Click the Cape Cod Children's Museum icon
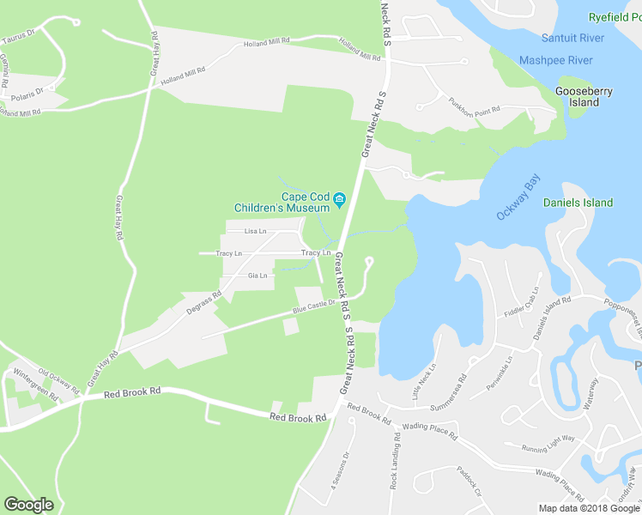pyautogui.click(x=339, y=201)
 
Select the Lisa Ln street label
pyautogui.click(x=255, y=231)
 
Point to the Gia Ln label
pyautogui.click(x=257, y=276)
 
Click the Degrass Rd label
pyautogui.click(x=204, y=304)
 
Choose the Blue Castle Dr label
pyautogui.click(x=313, y=306)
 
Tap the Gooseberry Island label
pyautogui.click(x=577, y=96)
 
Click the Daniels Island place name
pyautogui.click(x=578, y=203)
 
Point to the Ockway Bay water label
pyautogui.click(x=518, y=197)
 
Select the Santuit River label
pyautogui.click(x=573, y=38)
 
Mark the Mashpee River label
pyautogui.click(x=556, y=60)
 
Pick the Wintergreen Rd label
pyautogui.click(x=35, y=385)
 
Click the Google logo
pyautogui.click(x=28, y=505)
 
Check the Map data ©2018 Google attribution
pyautogui.click(x=589, y=507)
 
